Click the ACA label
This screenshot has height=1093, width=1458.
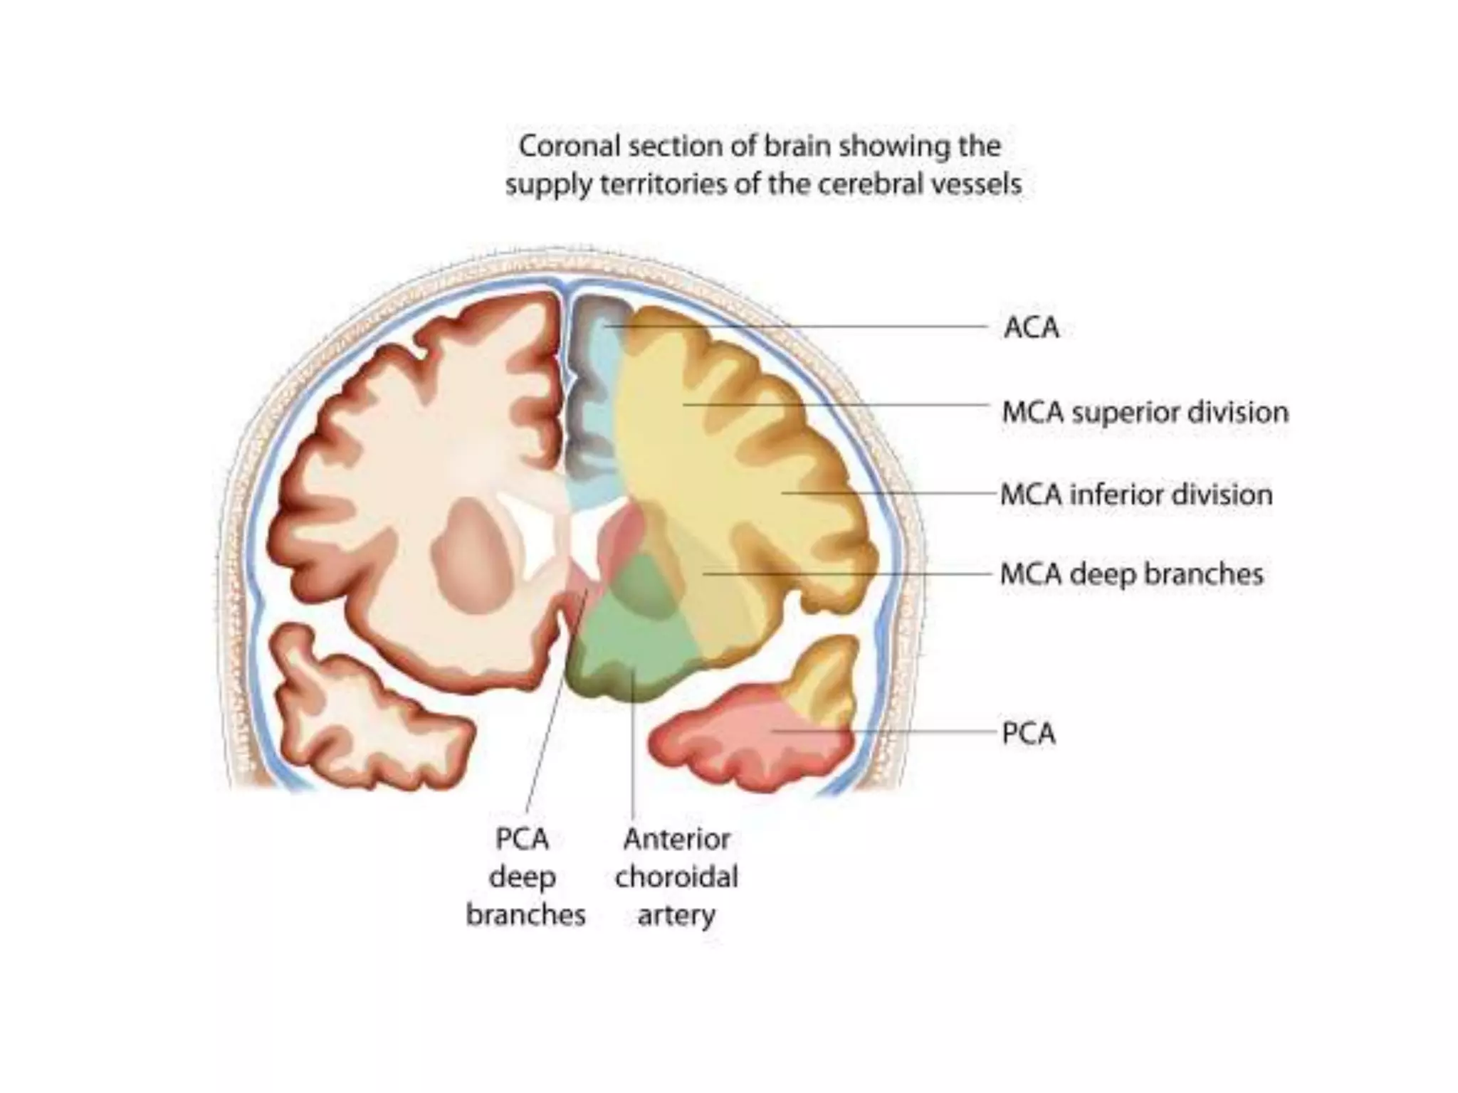coord(1031,328)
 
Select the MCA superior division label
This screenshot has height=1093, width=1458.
coord(1145,413)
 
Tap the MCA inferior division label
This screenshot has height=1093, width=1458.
coord(1136,495)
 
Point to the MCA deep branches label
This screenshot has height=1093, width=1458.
coord(1131,574)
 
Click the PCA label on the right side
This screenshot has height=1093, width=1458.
coord(1028,734)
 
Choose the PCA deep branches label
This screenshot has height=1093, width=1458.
coord(525,877)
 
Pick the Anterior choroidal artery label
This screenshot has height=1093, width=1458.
coord(676,877)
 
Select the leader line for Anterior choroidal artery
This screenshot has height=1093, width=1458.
coord(633,747)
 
